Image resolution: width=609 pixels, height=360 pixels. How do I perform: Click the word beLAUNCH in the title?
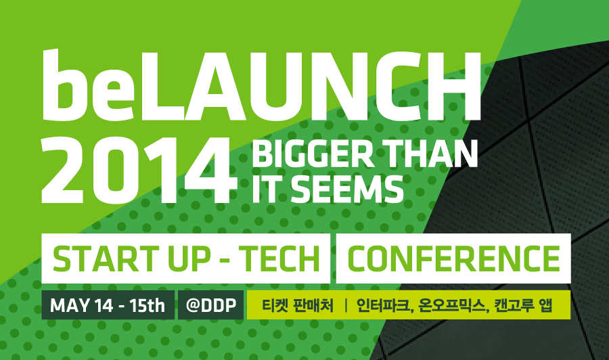(261, 85)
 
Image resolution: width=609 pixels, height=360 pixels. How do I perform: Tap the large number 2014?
(139, 171)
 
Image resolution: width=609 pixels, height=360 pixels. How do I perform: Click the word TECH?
(279, 258)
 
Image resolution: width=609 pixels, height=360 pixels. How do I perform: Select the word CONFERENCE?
(453, 258)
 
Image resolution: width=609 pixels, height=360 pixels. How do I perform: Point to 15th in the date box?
(148, 306)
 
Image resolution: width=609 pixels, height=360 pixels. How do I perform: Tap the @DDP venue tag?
(211, 306)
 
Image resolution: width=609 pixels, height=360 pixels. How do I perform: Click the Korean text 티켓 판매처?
(298, 306)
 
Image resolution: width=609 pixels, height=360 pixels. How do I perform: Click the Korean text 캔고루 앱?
(523, 306)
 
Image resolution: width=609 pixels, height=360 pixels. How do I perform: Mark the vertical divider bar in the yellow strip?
(345, 306)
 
